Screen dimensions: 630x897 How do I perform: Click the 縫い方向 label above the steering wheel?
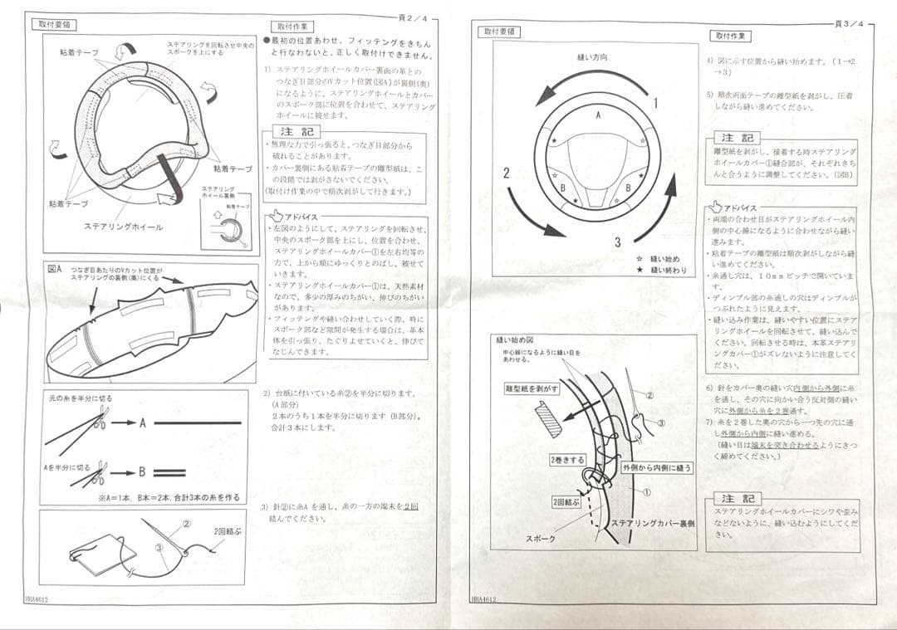(x=592, y=57)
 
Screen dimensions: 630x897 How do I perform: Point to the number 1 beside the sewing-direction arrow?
(x=655, y=103)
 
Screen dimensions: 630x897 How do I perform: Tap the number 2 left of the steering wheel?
(x=507, y=173)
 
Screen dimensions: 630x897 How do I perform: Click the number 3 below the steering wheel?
(x=618, y=242)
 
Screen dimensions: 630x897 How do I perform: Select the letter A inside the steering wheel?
(x=598, y=117)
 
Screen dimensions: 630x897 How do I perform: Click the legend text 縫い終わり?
(x=669, y=270)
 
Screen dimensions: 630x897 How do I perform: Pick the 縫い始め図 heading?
(x=514, y=339)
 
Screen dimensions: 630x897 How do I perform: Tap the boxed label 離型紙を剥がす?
(x=531, y=388)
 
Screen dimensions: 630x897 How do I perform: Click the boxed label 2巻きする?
(x=566, y=459)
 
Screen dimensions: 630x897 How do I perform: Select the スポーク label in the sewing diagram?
(x=540, y=539)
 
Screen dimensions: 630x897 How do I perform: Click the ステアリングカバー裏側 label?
(x=652, y=523)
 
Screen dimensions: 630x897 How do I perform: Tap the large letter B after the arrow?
(x=142, y=472)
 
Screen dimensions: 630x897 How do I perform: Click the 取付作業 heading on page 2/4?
(x=292, y=27)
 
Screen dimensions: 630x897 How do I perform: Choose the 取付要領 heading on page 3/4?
(x=501, y=32)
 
